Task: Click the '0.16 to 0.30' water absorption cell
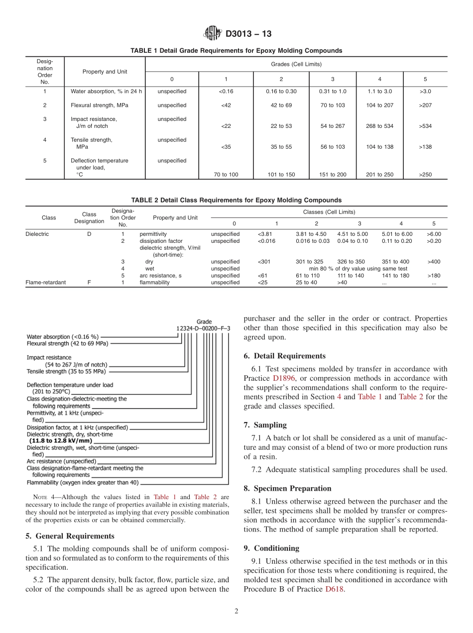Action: [x=281, y=92]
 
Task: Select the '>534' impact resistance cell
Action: [x=425, y=126]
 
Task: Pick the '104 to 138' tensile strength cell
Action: [x=379, y=147]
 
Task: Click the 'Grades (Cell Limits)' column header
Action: [x=296, y=64]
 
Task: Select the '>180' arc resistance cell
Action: [x=434, y=276]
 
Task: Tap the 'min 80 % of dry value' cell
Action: [x=358, y=269]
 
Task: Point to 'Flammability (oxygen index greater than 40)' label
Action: [x=83, y=482]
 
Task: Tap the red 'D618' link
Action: [x=335, y=589]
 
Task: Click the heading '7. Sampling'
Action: [x=265, y=425]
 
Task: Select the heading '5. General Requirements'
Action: [x=70, y=536]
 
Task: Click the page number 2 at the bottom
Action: [x=236, y=612]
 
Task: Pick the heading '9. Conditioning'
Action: [x=271, y=548]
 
